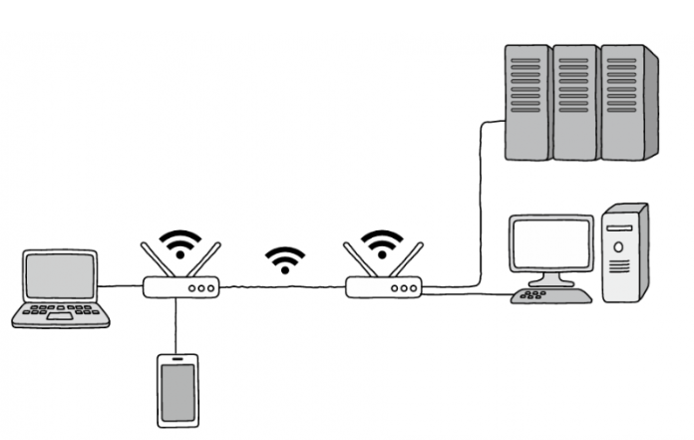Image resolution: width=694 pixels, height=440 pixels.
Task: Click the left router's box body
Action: (x=180, y=287)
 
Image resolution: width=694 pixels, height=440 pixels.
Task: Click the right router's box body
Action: (x=384, y=287)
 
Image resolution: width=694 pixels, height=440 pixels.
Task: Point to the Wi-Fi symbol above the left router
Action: (x=181, y=242)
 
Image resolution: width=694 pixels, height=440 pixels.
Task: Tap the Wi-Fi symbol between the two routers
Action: (x=285, y=259)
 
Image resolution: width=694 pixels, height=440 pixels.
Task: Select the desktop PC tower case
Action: (x=625, y=254)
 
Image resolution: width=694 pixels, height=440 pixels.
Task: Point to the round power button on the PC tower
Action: (x=619, y=245)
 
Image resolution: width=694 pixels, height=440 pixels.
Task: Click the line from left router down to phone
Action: (x=176, y=324)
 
